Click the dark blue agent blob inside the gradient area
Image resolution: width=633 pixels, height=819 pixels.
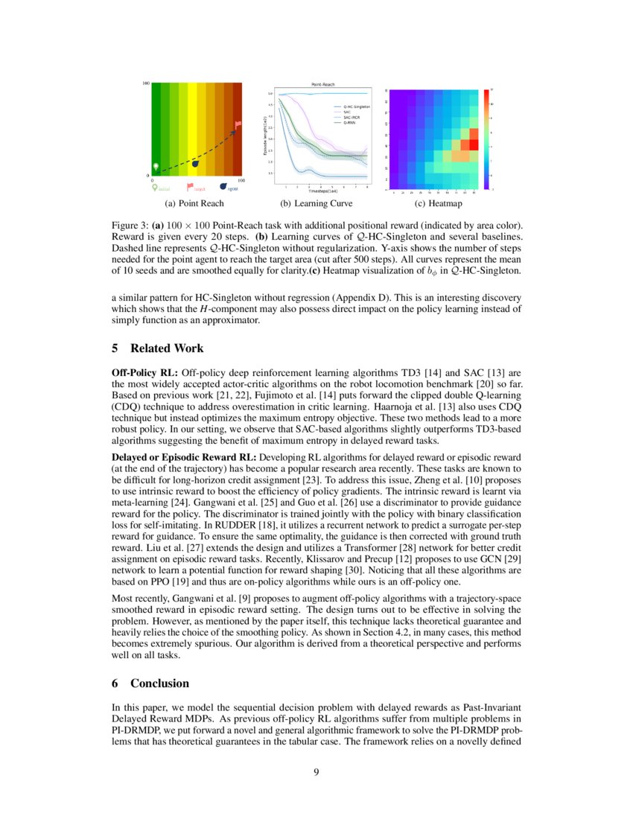point(195,163)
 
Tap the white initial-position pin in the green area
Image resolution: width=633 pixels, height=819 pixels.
point(156,166)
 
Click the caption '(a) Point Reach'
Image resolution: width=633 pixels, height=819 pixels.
point(193,203)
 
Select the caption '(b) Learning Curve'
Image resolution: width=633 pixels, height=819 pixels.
point(316,203)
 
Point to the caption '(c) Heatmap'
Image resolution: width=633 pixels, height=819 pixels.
point(438,203)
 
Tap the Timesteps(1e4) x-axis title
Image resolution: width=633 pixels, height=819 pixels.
point(322,191)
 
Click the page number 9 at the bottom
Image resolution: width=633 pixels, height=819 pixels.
point(316,771)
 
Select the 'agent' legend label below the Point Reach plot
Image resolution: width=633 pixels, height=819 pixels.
point(232,189)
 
